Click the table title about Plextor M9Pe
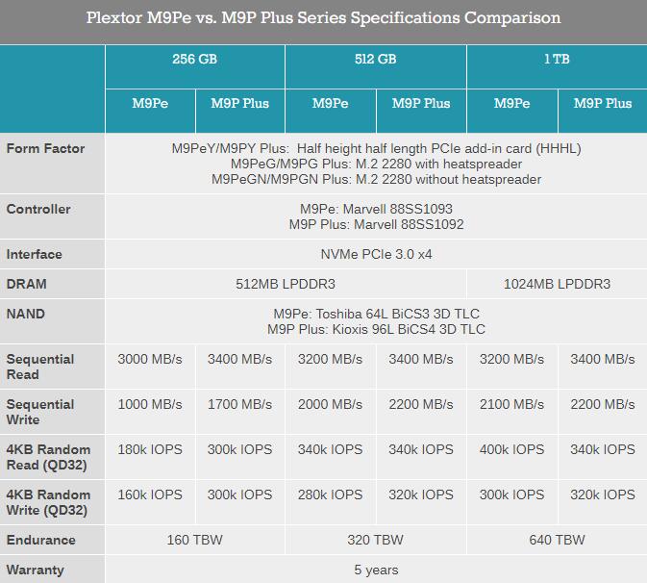coord(323,18)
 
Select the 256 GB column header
coord(194,59)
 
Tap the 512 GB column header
coord(375,59)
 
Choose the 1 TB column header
coord(556,59)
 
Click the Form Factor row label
coord(45,148)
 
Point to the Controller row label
coord(38,209)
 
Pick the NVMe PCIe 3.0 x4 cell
coord(376,254)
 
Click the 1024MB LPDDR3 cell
coord(557,284)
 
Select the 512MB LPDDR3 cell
coord(286,284)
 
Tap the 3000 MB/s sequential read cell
coord(150,359)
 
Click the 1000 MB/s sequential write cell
coord(150,404)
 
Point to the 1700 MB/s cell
coord(239,404)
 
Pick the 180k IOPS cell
coord(150,449)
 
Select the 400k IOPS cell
coord(511,449)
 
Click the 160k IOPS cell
coord(150,494)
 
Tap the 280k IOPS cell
coord(330,494)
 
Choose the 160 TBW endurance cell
coord(194,540)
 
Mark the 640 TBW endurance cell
coord(557,540)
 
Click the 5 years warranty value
coord(376,570)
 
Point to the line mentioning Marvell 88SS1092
coord(376,224)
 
